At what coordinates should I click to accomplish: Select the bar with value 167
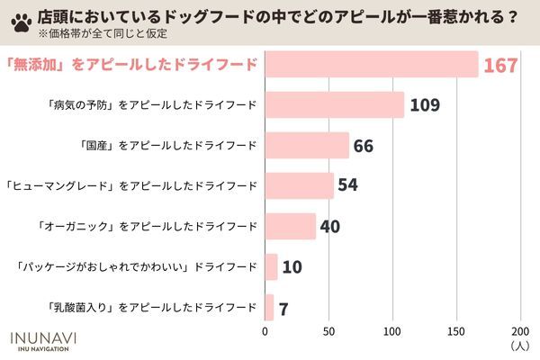click(371, 65)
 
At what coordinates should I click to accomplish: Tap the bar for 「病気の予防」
click(334, 105)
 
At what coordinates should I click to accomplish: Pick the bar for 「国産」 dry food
click(306, 146)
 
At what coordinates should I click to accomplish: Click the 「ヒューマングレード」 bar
click(299, 186)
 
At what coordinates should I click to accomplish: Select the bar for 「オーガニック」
click(290, 226)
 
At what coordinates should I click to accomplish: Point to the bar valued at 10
click(271, 266)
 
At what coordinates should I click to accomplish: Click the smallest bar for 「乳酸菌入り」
click(269, 307)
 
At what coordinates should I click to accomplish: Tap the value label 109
click(424, 106)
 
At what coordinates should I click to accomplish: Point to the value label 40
click(329, 227)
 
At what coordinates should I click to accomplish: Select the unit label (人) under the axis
click(519, 345)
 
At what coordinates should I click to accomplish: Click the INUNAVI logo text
click(42, 337)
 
